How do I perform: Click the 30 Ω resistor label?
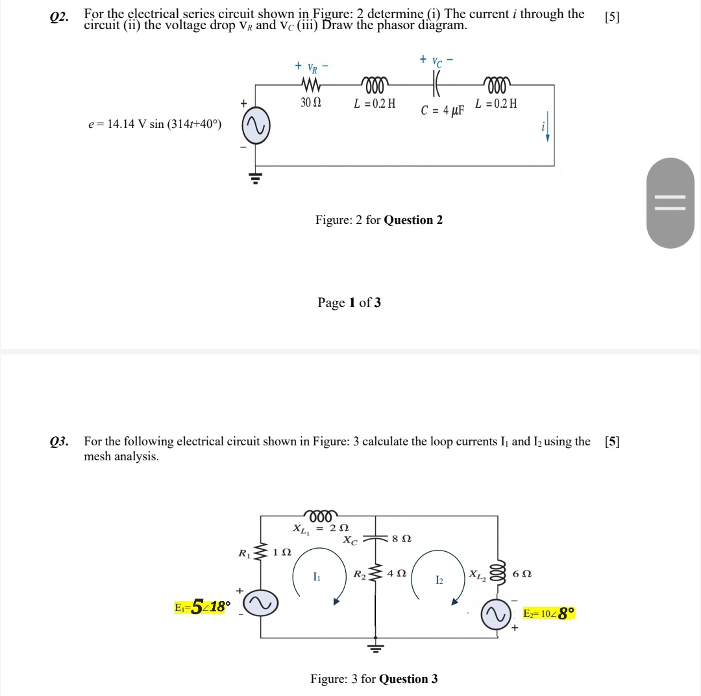tap(311, 103)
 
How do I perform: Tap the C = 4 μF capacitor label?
tap(443, 110)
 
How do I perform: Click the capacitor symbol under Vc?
tap(437, 84)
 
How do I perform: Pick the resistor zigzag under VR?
tap(311, 85)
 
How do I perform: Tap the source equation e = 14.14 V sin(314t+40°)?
tap(154, 124)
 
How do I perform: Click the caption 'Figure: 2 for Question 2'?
tap(379, 220)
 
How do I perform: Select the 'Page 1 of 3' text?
tap(349, 303)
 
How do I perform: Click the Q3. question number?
tap(59, 442)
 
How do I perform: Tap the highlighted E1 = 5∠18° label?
tap(202, 608)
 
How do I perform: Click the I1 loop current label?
tap(316, 577)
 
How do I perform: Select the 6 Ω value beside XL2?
tap(521, 574)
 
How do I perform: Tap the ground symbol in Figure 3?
tap(375, 646)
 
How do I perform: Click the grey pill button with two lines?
tap(670, 203)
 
